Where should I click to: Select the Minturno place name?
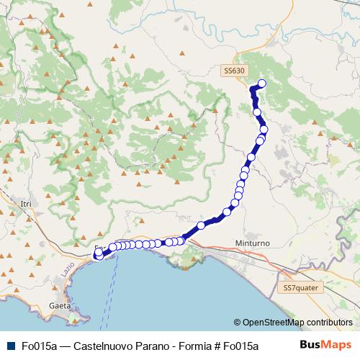pos(252,244)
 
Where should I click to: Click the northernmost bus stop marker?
pos(261,84)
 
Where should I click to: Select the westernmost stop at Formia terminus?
pos(98,253)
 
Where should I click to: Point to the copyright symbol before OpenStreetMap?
pos(238,323)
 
